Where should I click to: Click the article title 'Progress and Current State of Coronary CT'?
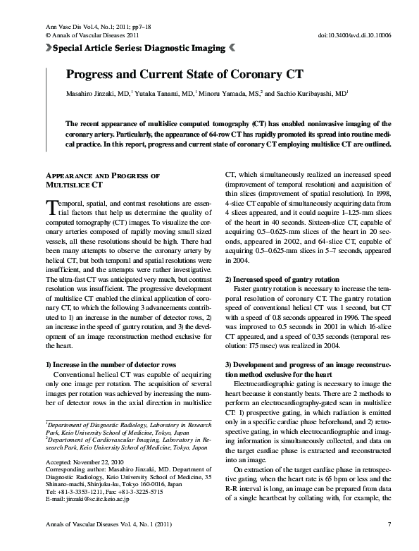pyautogui.click(x=185, y=74)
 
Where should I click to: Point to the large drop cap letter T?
pyautogui.click(x=51, y=205)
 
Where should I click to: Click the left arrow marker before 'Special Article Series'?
pyautogui.click(x=48, y=49)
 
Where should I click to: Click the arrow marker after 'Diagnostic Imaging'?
pyautogui.click(x=232, y=49)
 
